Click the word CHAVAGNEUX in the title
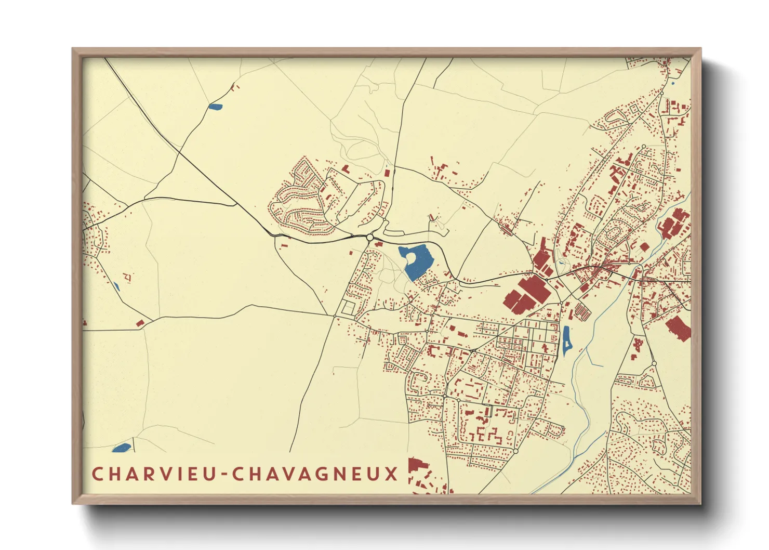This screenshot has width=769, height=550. pyautogui.click(x=315, y=474)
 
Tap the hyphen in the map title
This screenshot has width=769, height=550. pyautogui.click(x=225, y=475)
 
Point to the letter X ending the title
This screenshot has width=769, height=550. pyautogui.click(x=391, y=474)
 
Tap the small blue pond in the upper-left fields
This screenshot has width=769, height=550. pyautogui.click(x=215, y=107)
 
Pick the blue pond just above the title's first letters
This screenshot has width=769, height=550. pyautogui.click(x=121, y=448)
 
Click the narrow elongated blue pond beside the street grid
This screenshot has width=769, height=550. pyautogui.click(x=566, y=340)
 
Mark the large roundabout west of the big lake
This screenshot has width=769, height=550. pyautogui.click(x=370, y=238)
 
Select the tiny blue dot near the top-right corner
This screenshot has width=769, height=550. pyautogui.click(x=672, y=83)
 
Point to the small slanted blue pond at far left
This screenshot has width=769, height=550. pyautogui.click(x=116, y=286)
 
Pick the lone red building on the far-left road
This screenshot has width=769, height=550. pyautogui.click(x=139, y=323)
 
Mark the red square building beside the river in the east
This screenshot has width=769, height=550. pyautogui.click(x=644, y=247)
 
